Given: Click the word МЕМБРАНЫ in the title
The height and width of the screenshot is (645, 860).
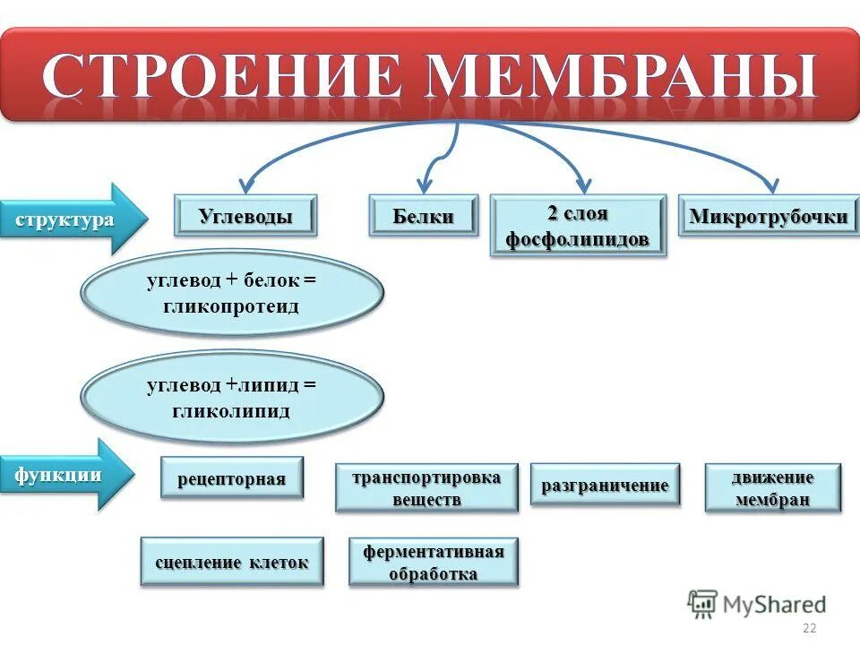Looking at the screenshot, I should coord(622,75).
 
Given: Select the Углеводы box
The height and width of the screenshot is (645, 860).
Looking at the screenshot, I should coord(245,216).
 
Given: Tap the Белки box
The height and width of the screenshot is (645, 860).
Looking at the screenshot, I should coord(424,216).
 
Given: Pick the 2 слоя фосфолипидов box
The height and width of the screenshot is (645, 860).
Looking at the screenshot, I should coord(578,227).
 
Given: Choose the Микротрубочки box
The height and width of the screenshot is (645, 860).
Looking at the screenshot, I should coord(768,216).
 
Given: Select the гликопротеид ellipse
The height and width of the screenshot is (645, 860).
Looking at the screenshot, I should coord(232,293).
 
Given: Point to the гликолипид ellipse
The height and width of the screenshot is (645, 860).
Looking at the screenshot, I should coord(232,398).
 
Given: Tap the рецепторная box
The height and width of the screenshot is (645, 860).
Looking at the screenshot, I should coord(232,478).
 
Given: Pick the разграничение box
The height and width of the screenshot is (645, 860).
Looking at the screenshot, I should coord(605,485).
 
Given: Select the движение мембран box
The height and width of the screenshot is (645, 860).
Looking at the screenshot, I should coord(773,488).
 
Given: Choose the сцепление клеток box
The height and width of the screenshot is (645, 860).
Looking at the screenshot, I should coord(232,563).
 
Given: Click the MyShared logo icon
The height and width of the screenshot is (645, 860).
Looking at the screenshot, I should coord(703,604).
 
